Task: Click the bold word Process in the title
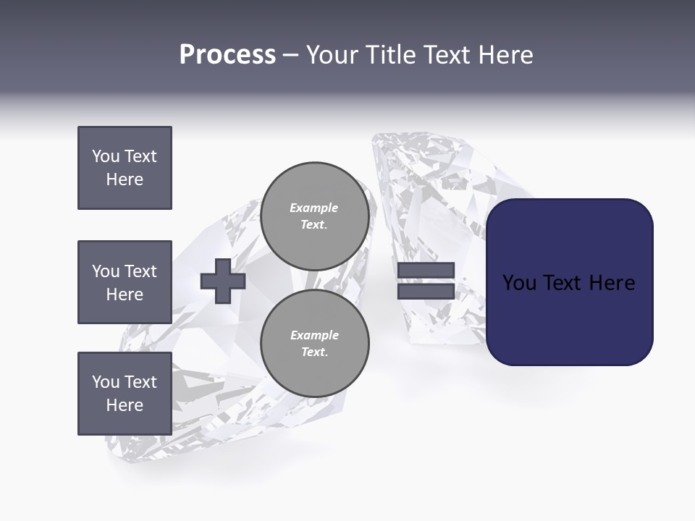[227, 55]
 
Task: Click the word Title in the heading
[391, 55]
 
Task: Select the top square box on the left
[125, 168]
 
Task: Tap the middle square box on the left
[125, 282]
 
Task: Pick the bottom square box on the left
[125, 394]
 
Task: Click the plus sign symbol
[223, 281]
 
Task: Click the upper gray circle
[314, 216]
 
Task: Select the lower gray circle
[314, 344]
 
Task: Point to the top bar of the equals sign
[426, 271]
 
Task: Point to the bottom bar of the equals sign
[426, 291]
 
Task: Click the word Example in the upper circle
[314, 208]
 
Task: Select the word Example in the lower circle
[314, 335]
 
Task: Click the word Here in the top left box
[125, 179]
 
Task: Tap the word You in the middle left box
[106, 271]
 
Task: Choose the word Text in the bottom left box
[140, 382]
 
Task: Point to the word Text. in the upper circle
[314, 225]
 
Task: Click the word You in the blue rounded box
[519, 283]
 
